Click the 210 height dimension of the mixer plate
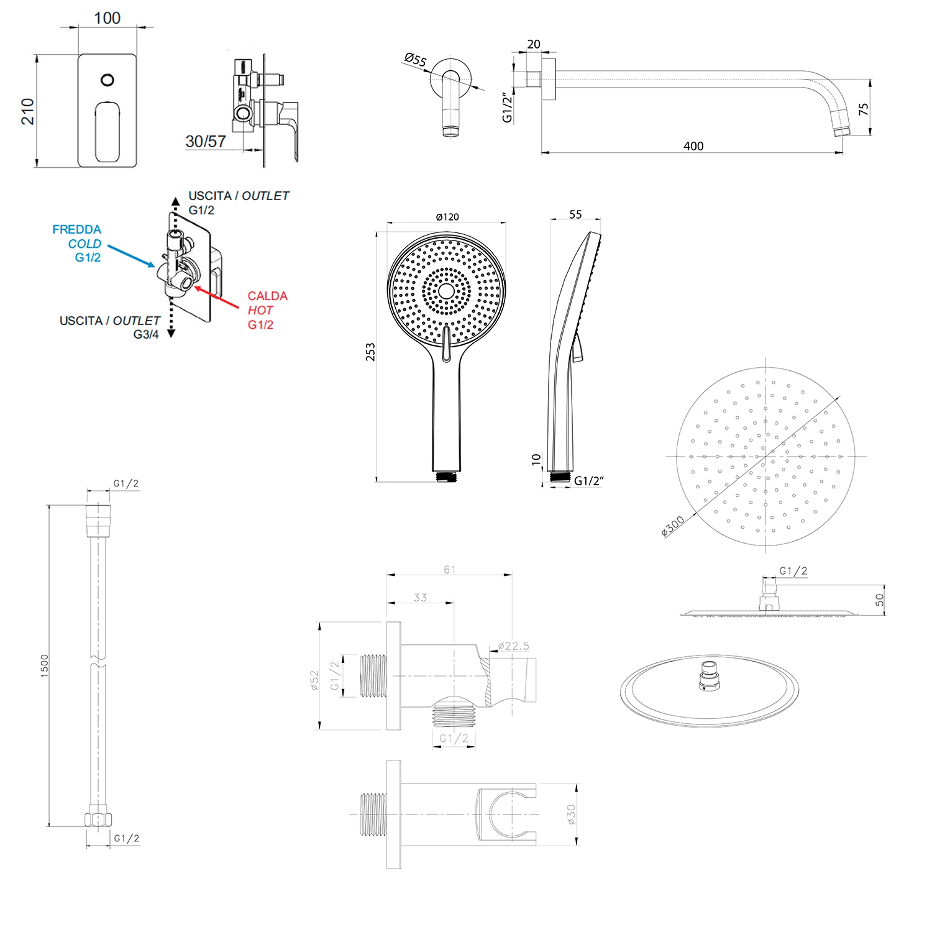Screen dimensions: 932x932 28,111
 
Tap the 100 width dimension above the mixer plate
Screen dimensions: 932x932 107,18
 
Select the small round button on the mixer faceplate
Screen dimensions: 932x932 107,80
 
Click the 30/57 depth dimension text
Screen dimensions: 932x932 206,142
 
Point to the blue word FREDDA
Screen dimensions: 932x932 76,229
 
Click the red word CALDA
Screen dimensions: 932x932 267,296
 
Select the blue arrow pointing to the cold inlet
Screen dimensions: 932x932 131,255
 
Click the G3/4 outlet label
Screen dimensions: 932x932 146,334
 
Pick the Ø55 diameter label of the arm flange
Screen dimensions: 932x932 416,60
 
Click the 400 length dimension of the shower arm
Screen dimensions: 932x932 693,146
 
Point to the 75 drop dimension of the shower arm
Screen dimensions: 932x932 864,109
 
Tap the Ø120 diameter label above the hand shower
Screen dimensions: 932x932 447,217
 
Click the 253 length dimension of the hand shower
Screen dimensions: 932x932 371,352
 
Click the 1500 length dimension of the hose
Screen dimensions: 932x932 45,665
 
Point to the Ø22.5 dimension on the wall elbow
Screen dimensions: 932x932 514,646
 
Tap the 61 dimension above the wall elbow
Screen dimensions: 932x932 449,569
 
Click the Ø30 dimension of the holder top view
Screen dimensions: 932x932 572,814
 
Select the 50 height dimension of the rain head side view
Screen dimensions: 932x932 879,600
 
